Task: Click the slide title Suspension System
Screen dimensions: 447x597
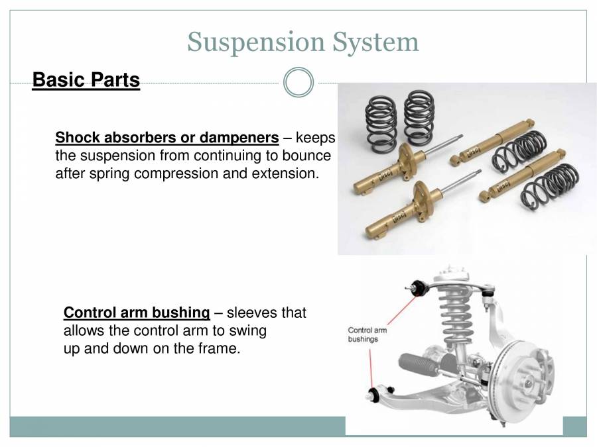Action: tap(303, 42)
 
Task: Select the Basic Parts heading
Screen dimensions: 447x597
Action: tap(86, 80)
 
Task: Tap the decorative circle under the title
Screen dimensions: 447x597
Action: tap(298, 83)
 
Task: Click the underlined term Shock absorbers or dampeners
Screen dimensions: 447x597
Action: tap(166, 138)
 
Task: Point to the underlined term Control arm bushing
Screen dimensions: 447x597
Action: tap(137, 313)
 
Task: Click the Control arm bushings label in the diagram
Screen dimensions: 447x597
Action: tap(367, 334)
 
